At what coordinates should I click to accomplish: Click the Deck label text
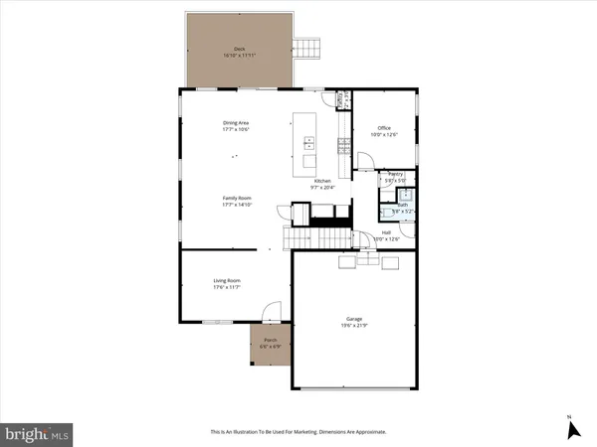pos(239,48)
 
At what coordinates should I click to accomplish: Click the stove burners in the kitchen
pos(344,147)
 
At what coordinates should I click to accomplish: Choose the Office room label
pos(384,128)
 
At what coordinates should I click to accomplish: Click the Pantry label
pos(395,173)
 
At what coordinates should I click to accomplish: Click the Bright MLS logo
pos(37,433)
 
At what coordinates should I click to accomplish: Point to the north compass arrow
pos(571,429)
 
